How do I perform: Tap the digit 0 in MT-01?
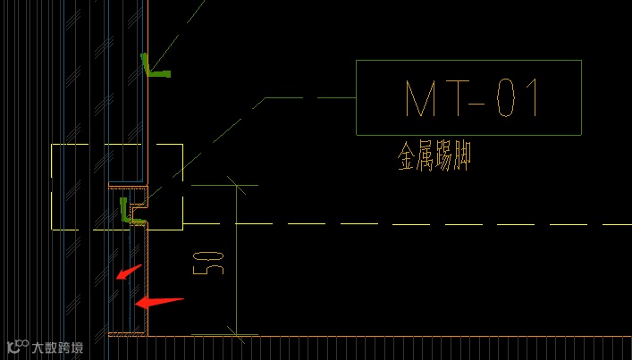(x=506, y=98)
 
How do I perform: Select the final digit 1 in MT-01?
(x=532, y=98)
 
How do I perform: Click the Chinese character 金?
(x=407, y=159)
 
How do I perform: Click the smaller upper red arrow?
(x=129, y=271)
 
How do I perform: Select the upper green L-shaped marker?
(x=153, y=66)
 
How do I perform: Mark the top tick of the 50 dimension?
(x=235, y=186)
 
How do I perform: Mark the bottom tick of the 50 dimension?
(x=235, y=335)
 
